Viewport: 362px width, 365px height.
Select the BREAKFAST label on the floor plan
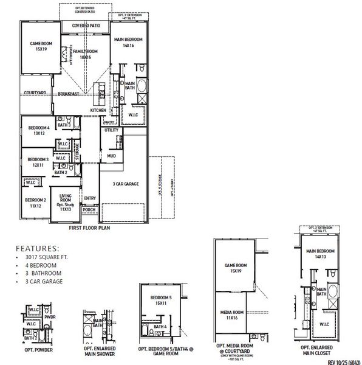69,94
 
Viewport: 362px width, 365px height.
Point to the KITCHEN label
98,110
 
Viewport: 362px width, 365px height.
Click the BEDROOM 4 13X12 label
39,130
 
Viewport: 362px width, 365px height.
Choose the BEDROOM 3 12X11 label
38,162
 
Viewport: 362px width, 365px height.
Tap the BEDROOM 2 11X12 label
36,203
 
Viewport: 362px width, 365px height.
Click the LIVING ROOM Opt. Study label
66,203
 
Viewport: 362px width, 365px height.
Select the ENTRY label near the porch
90,198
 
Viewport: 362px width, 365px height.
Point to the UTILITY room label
111,130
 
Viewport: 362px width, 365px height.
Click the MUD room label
111,156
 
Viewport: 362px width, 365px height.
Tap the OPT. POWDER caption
38,350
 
